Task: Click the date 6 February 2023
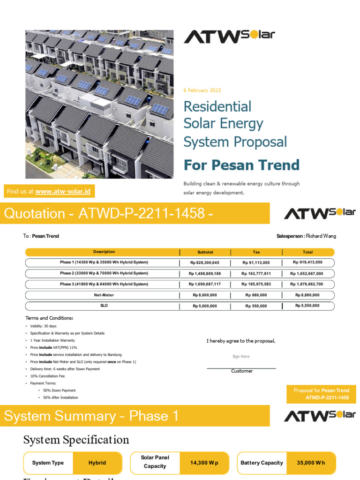tap(202, 90)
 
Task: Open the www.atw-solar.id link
tap(63, 191)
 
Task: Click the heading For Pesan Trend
tap(241, 165)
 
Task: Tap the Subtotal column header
tap(205, 252)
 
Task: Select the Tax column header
tap(256, 252)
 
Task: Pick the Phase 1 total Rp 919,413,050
tap(307, 262)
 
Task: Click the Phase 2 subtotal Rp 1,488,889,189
tap(205, 273)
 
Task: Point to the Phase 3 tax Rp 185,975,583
tap(256, 284)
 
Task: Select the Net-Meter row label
tap(104, 295)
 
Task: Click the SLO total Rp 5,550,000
tap(307, 306)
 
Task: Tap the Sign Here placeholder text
tap(241, 357)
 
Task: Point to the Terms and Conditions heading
tap(49, 318)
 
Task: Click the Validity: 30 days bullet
tap(43, 326)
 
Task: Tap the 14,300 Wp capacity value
tap(204, 463)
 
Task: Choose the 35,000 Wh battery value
tap(311, 463)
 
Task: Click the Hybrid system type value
tap(97, 463)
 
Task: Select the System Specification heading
tap(76, 440)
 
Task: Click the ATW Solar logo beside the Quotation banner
tap(320, 213)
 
